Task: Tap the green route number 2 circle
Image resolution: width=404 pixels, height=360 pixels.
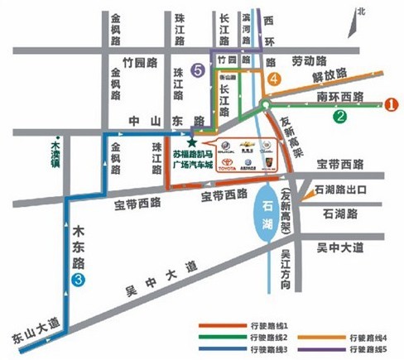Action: [340, 117]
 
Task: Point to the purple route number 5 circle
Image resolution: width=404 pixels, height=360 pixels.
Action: [196, 70]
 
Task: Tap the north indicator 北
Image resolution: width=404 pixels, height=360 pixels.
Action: [359, 10]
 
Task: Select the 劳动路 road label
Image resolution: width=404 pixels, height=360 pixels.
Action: [309, 60]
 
